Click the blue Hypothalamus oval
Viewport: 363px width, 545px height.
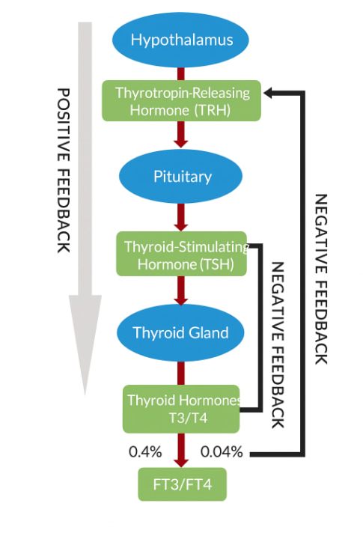181,40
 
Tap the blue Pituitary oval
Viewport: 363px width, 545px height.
181,177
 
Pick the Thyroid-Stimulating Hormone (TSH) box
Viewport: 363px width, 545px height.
181,254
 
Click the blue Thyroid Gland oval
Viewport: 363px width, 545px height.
181,332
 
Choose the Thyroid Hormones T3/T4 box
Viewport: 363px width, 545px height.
181,409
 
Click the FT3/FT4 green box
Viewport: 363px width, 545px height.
181,484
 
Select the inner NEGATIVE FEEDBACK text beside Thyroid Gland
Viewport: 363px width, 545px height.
278,344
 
